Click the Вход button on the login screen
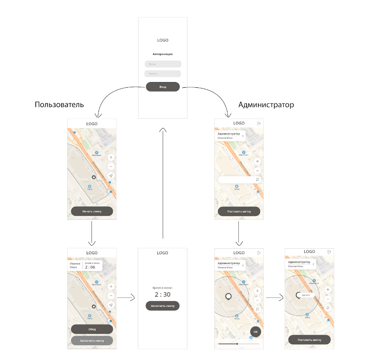[x=163, y=87]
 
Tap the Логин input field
[x=163, y=64]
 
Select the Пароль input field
[x=163, y=74]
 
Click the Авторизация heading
[x=163, y=54]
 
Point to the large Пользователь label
[x=59, y=105]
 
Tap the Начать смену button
[x=92, y=212]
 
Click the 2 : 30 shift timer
[x=163, y=295]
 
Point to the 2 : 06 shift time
[x=92, y=267]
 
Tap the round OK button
[x=256, y=332]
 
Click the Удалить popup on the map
[x=306, y=295]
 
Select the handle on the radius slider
[x=237, y=344]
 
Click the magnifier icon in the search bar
[x=257, y=180]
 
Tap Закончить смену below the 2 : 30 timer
[x=163, y=306]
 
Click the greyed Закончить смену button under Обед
[x=92, y=340]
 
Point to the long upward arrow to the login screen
[x=163, y=183]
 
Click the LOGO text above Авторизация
[x=163, y=40]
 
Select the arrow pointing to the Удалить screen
[x=274, y=298]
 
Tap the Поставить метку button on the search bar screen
[x=239, y=212]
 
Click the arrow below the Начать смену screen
[x=92, y=233]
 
